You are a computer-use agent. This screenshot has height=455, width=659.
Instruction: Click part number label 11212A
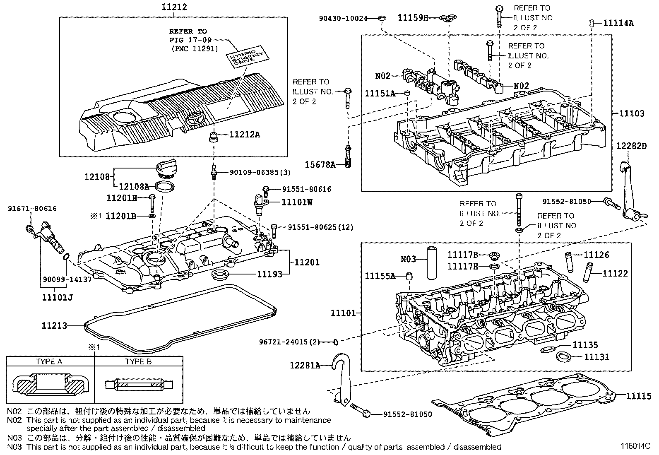click(x=245, y=135)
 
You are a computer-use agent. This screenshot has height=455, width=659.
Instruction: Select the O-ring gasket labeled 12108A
click(x=164, y=186)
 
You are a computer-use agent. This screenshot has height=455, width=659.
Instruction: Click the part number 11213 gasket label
click(x=54, y=325)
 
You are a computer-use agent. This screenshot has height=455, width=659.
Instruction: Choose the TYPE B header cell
click(x=139, y=361)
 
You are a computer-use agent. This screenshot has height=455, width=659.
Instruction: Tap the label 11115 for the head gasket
click(x=638, y=396)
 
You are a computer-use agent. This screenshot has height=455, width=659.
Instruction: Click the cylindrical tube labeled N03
click(x=432, y=262)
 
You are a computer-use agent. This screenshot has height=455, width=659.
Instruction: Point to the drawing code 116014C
click(x=635, y=446)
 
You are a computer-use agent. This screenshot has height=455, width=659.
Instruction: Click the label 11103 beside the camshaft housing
click(x=632, y=113)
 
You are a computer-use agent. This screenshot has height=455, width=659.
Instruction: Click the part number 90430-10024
click(x=343, y=19)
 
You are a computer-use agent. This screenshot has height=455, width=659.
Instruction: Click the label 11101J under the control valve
click(x=58, y=297)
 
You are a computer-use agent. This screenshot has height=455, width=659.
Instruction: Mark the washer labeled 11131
click(x=563, y=357)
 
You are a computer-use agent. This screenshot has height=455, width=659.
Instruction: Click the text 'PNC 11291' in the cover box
click(x=195, y=48)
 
